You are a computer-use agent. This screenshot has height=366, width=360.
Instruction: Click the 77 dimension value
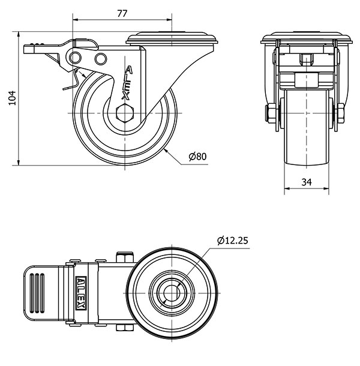pos(122,14)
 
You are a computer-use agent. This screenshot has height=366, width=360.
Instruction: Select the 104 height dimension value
pos(12,98)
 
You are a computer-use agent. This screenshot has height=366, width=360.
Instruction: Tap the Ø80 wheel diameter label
pos(198,157)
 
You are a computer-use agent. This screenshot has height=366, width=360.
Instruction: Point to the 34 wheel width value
pos(307,182)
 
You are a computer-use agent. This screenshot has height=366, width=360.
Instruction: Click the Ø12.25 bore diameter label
pos(233,241)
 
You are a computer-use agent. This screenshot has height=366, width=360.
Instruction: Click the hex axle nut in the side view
pos(125,113)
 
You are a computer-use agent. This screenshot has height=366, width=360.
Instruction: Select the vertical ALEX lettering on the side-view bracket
pos(127,83)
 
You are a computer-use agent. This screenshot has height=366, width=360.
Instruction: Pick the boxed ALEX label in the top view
pos(81,293)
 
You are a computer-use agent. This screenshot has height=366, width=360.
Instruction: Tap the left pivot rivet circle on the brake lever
pos(75,58)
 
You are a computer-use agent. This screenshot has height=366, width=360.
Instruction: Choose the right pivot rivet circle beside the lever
pos(101,59)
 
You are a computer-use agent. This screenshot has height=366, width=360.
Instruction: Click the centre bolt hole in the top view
pos(172,293)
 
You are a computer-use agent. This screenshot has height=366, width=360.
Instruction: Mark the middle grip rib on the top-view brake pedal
pos(37,293)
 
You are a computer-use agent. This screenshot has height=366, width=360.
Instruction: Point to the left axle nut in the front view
pos(269,113)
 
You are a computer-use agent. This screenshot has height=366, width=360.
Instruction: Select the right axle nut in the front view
pos(341,113)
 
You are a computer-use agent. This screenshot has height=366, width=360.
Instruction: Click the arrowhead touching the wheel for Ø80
pos(166,151)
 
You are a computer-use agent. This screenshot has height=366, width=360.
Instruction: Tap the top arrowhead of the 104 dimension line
pos(19,35)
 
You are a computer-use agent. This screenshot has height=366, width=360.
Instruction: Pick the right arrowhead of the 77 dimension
pos(169,20)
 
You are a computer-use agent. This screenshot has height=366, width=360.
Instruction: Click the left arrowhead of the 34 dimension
pos(287,188)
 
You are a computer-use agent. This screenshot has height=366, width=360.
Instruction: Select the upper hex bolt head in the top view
pos(125,257)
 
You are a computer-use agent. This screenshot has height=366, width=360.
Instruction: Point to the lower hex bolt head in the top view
pos(125,328)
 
